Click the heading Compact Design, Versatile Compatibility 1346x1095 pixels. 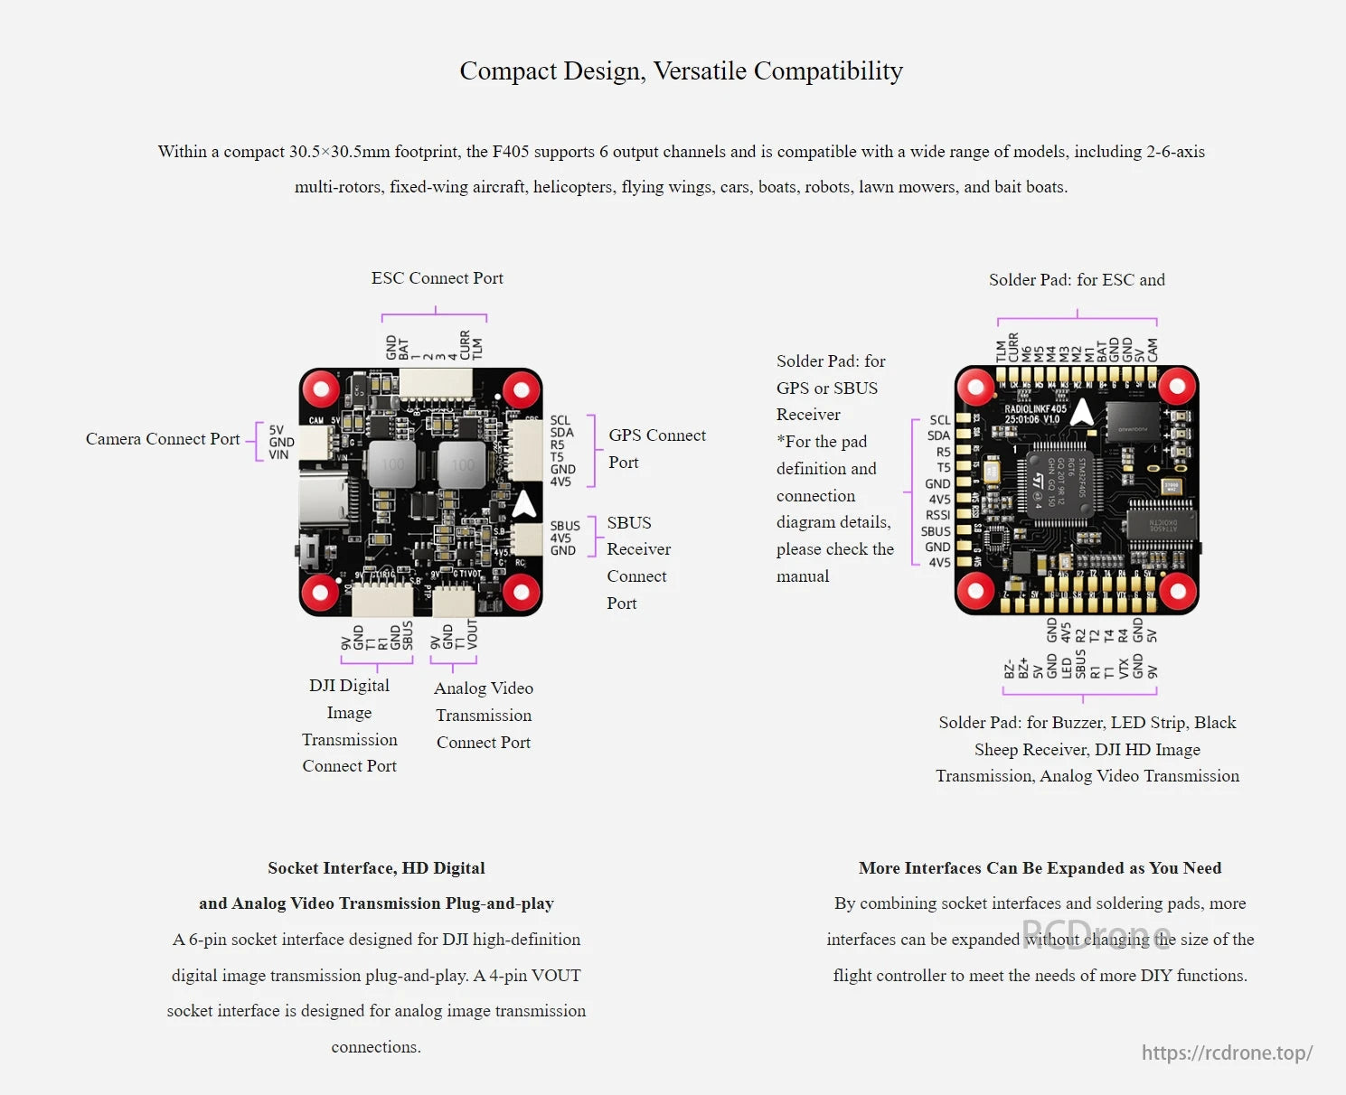(x=681, y=70)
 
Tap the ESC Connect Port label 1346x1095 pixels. (x=437, y=278)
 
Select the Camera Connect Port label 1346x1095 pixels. (x=163, y=439)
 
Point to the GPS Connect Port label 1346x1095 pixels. (x=656, y=448)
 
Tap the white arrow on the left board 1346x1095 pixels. (x=524, y=504)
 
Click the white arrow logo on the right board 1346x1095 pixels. (x=1082, y=412)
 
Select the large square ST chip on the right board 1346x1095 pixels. (x=1059, y=483)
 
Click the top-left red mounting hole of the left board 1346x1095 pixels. (x=320, y=389)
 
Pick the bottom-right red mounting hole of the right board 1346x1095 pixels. (x=1177, y=592)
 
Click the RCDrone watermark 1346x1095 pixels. (x=1097, y=933)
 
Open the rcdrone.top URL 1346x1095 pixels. (x=1227, y=1053)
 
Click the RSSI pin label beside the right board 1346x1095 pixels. (x=937, y=515)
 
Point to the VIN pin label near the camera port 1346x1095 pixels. (x=278, y=454)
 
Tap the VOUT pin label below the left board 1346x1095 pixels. (x=472, y=634)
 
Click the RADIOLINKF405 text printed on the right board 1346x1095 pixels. (x=1035, y=409)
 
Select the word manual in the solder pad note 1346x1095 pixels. (x=803, y=576)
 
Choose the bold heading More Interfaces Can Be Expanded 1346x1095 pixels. (x=1040, y=868)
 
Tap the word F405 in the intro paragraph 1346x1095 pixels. (x=511, y=152)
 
